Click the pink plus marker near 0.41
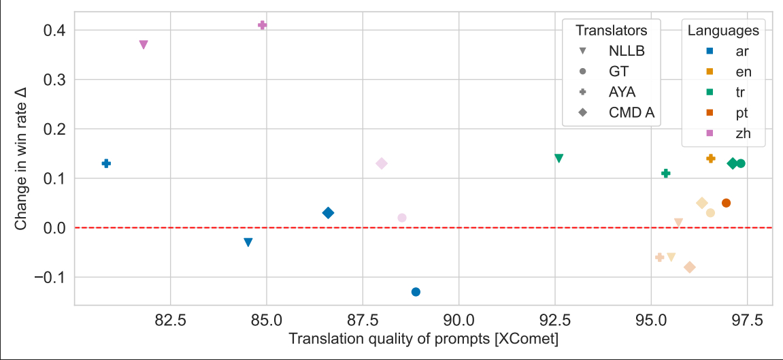pos(263,25)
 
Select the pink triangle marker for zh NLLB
pos(144,45)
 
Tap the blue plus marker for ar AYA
pos(106,163)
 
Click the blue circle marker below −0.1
pos(416,292)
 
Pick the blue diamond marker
pos(328,213)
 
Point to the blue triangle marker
pos(248,243)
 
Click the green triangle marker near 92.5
pos(559,159)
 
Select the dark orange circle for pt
pos(726,203)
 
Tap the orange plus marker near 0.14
pos(711,158)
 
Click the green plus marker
pos(666,174)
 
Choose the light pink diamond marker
pos(382,163)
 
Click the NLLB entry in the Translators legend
pos(626,51)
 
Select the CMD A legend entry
pos(631,113)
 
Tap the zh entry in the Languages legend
pos(743,133)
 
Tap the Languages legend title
pos(723,31)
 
